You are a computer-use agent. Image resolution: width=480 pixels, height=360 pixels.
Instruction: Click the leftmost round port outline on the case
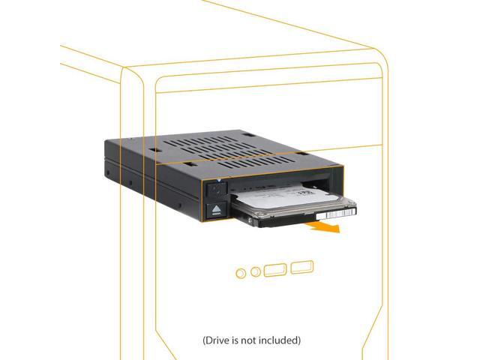click(240, 271)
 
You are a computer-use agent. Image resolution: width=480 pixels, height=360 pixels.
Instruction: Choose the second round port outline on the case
click(256, 269)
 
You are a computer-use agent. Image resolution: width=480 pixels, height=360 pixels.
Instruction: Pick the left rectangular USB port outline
click(275, 268)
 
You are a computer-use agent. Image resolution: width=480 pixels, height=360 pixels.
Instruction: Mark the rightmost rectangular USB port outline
click(301, 267)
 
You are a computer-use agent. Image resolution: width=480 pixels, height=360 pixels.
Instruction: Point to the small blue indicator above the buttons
click(218, 181)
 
